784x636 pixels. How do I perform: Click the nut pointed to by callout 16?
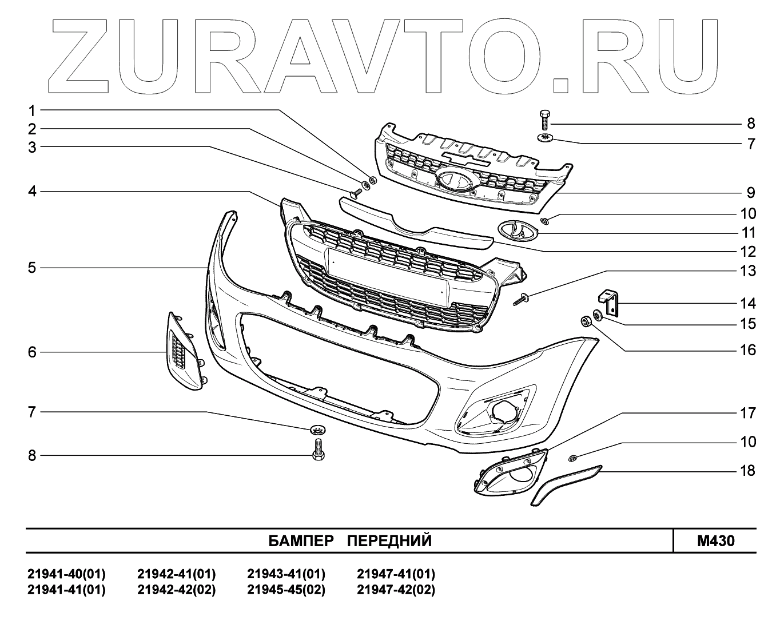[586, 320]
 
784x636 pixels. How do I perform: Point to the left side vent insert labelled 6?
[183, 352]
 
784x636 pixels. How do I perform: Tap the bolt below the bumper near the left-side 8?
[318, 449]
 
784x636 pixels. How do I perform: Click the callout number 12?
[747, 252]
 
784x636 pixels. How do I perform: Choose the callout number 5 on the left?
[32, 267]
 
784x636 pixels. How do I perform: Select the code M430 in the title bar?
[715, 540]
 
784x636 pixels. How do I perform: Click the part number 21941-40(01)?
[66, 574]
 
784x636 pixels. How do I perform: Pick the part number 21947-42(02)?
[396, 590]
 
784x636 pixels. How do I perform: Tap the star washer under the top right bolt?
[544, 138]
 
